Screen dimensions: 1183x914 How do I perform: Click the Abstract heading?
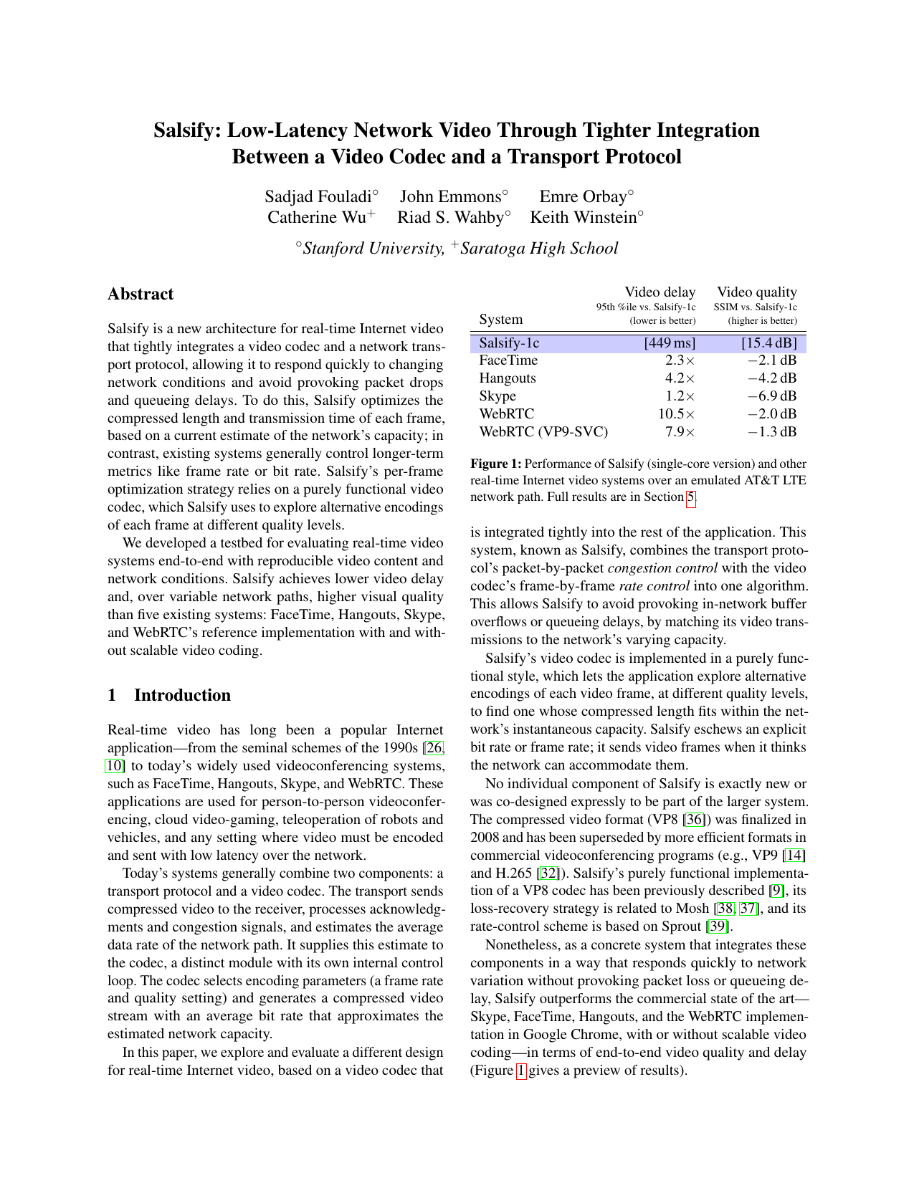click(141, 294)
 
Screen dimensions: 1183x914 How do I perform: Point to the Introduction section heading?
click(182, 696)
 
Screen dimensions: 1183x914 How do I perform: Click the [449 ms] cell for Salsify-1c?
click(670, 343)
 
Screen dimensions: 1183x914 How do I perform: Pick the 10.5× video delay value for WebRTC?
click(677, 414)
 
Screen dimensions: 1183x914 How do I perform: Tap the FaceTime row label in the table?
click(508, 360)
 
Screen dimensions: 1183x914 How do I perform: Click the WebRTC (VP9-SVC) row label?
click(543, 432)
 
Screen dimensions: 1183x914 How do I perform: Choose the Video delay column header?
click(660, 292)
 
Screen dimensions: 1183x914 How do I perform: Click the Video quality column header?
click(756, 292)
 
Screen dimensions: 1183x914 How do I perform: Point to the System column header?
click(501, 320)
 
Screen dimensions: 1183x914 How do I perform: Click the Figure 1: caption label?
click(496, 464)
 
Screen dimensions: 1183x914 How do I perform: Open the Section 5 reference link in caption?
click(690, 497)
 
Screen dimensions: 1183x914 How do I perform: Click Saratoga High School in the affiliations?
click(538, 249)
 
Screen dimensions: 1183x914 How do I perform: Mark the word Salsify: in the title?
click(188, 130)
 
